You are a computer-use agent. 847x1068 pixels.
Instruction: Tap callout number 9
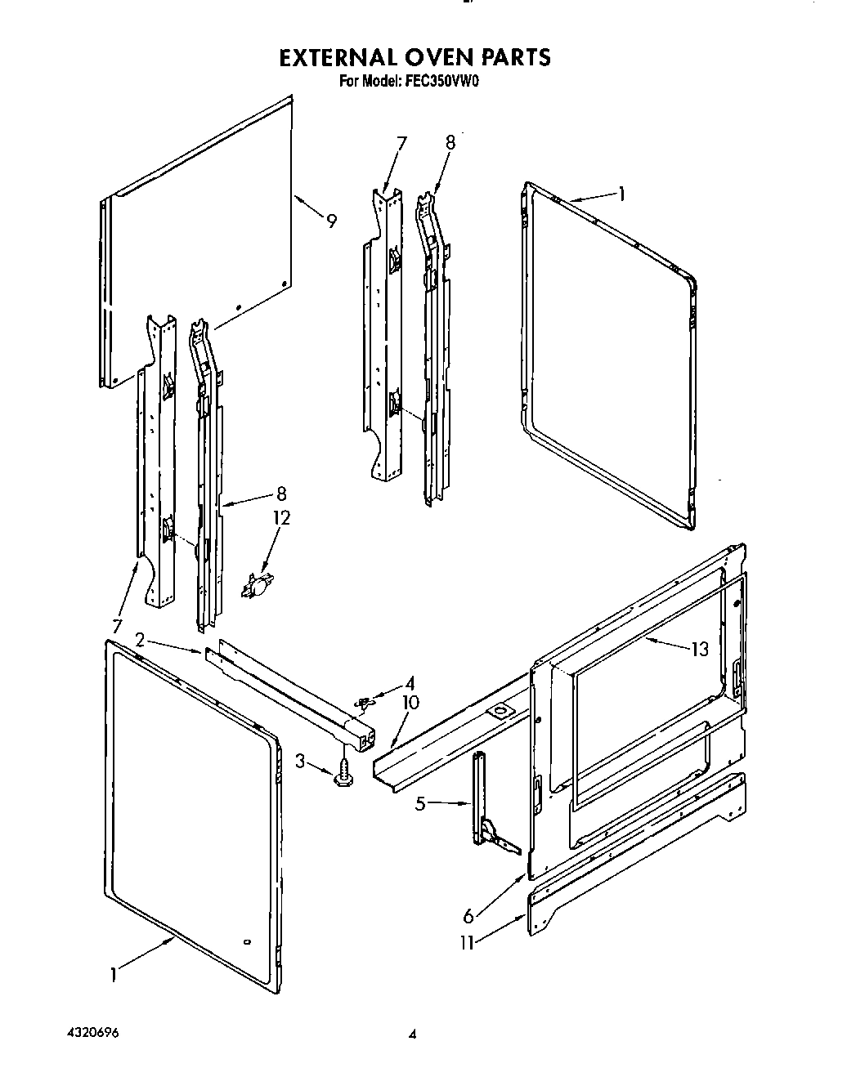pos(331,221)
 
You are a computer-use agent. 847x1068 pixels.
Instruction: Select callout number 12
pos(282,518)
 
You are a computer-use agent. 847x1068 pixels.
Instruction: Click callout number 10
pos(410,703)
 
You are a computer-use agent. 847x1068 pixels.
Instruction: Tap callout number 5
pos(421,804)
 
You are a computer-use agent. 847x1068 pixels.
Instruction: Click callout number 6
pos(468,917)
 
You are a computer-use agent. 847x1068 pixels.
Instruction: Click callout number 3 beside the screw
pos(300,762)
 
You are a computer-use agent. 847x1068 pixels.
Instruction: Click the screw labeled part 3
pos(344,771)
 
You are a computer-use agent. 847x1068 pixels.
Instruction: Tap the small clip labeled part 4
pos(365,701)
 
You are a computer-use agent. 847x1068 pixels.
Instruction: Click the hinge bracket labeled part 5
pos(486,813)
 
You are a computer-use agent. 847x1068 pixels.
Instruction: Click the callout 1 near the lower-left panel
pos(114,974)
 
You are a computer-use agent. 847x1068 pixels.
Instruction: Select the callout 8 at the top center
pos(450,141)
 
